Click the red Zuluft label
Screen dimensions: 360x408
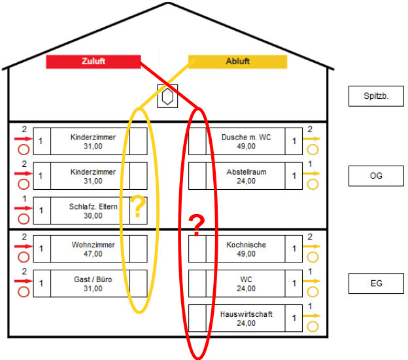coord(93,62)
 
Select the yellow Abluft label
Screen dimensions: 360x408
coord(237,62)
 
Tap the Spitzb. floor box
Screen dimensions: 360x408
coord(376,96)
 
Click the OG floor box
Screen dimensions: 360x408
coord(376,175)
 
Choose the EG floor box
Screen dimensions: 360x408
coord(376,283)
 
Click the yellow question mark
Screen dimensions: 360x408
coord(138,207)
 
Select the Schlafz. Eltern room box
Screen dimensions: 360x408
coord(93,211)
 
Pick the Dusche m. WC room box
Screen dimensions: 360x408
coord(246,141)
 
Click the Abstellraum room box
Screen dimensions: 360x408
coord(246,176)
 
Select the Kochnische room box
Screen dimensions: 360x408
coord(246,249)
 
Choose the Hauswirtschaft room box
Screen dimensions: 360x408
coord(246,319)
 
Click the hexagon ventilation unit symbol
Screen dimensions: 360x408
coord(168,96)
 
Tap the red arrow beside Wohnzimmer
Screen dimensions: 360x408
coord(24,247)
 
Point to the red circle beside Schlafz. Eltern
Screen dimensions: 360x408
coord(24,219)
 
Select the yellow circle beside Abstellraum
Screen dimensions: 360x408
coord(313,184)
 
